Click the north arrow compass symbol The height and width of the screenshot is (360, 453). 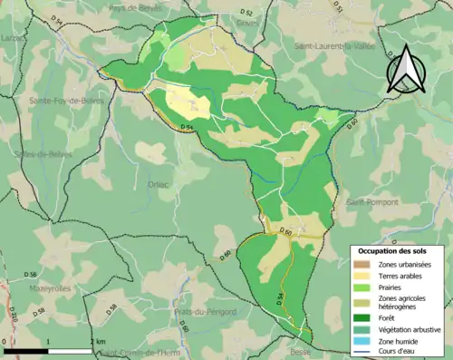tap(404, 69)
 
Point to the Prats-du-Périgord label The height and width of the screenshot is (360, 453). tap(205, 311)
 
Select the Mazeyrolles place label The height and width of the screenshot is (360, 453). tap(50, 288)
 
